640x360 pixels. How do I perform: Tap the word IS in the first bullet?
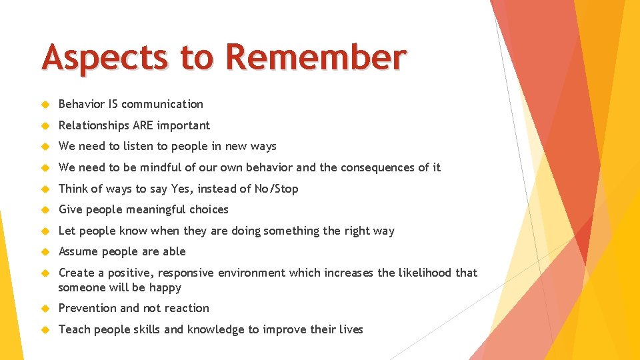(112, 104)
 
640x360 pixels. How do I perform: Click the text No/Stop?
(277, 189)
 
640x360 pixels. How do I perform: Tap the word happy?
(165, 288)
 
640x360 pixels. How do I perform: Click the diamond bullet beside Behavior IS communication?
(45, 105)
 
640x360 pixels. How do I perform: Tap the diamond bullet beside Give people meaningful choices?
(45, 210)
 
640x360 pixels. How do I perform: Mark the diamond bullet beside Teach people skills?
(45, 330)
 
